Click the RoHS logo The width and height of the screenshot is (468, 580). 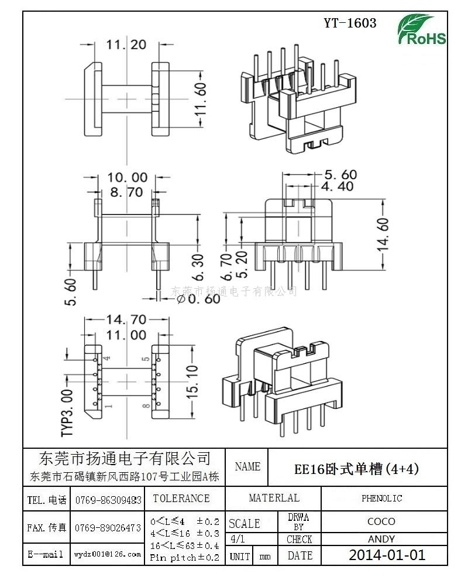click(x=422, y=30)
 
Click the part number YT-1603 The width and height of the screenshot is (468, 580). click(x=350, y=23)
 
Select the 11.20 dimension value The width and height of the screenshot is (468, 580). click(x=126, y=45)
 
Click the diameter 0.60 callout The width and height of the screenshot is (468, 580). click(x=198, y=298)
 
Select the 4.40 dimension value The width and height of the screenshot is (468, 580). click(x=338, y=187)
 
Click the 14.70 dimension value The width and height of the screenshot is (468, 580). click(x=126, y=320)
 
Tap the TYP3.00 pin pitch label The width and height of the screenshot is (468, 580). click(x=68, y=412)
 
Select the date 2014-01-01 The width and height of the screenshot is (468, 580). click(x=387, y=555)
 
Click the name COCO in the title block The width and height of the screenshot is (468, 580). click(x=381, y=521)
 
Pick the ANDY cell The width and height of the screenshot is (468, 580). click(x=381, y=539)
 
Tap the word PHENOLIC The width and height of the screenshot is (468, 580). click(x=381, y=499)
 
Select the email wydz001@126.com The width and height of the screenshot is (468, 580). click(x=108, y=554)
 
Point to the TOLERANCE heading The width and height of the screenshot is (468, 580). click(x=181, y=499)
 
